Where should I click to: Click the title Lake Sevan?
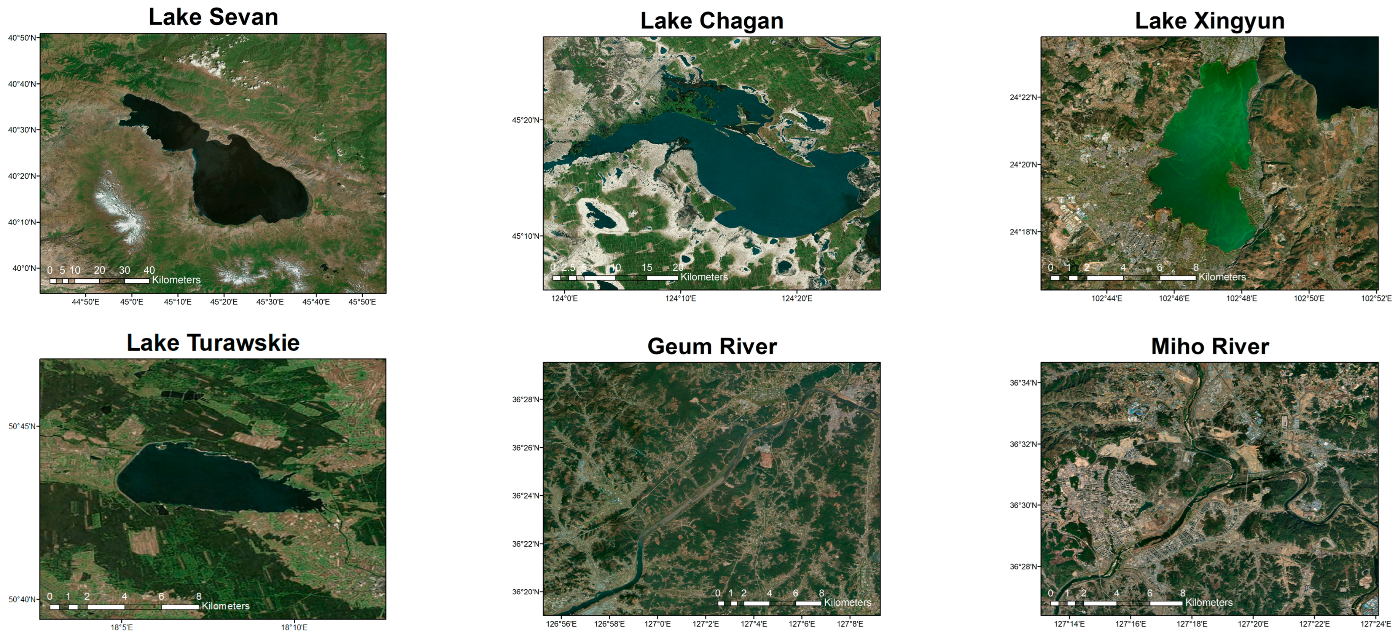(x=213, y=18)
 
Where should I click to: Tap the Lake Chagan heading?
(x=712, y=21)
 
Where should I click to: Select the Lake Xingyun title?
(x=1210, y=21)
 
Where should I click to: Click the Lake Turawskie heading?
(x=213, y=343)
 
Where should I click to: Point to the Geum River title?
(x=712, y=346)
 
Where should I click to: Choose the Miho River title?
(x=1210, y=346)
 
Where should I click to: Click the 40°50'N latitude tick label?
(x=22, y=38)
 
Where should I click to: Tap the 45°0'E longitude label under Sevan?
(x=131, y=302)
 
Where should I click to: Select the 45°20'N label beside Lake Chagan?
(x=525, y=120)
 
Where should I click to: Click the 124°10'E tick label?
(x=681, y=298)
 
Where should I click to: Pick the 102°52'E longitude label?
(x=1376, y=298)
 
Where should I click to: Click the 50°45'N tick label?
(x=22, y=426)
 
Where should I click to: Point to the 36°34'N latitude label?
(x=1024, y=383)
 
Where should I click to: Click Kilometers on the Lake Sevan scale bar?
(x=177, y=280)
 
